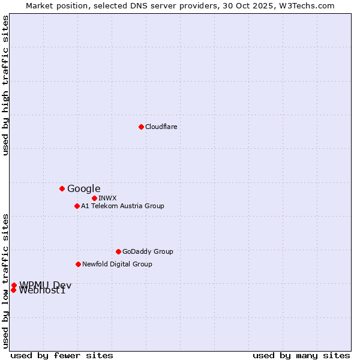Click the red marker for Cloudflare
click(x=141, y=127)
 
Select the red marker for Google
click(x=62, y=188)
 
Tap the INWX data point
click(x=94, y=198)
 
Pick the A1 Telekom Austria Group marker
click(x=77, y=206)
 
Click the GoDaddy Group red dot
click(x=118, y=251)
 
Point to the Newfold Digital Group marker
click(x=78, y=264)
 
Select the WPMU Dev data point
click(x=14, y=285)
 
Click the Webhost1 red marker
click(x=13, y=290)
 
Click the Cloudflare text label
click(x=161, y=127)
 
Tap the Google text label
click(x=83, y=188)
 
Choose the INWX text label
click(x=107, y=198)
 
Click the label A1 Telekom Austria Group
click(x=122, y=206)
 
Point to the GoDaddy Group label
click(x=148, y=251)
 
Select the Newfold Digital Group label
click(x=117, y=264)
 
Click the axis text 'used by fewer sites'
click(x=62, y=355)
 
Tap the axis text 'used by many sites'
click(x=301, y=355)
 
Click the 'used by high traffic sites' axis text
click(x=5, y=85)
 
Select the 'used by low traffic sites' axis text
click(x=5, y=280)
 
